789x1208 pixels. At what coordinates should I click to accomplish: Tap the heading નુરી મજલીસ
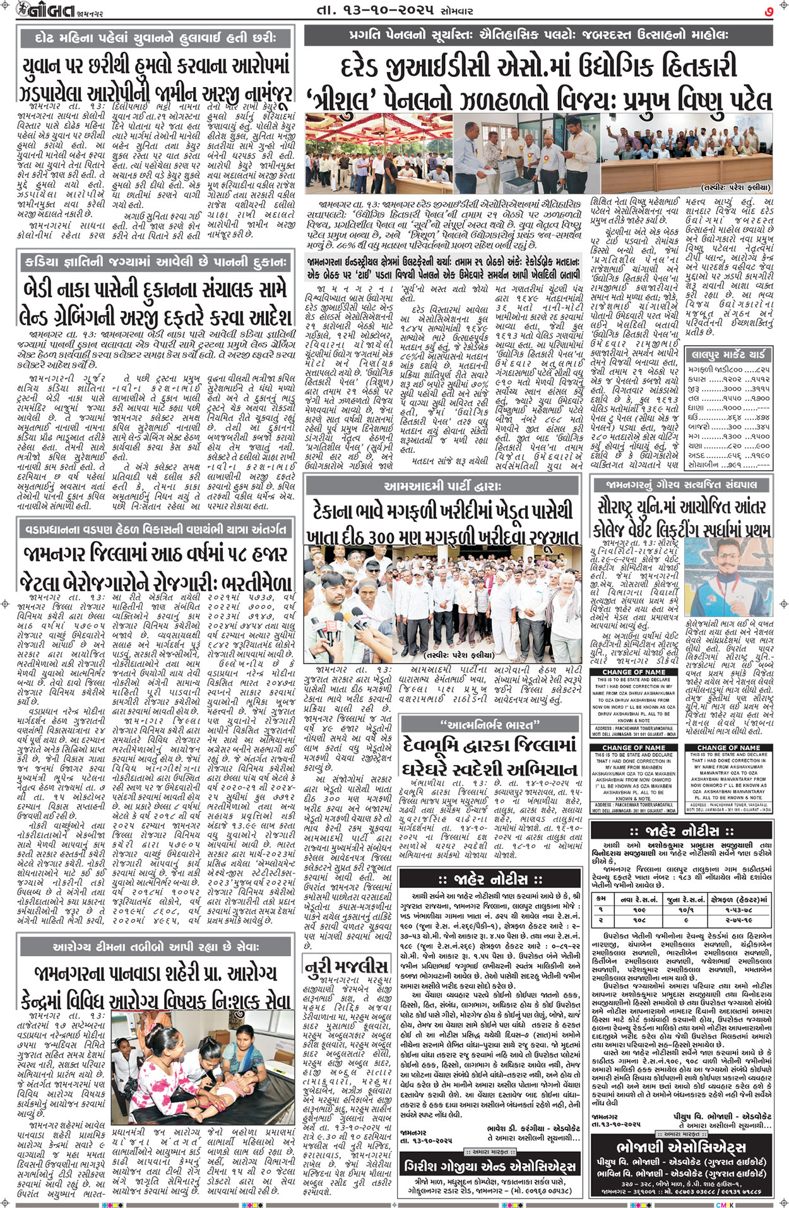tap(345, 966)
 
